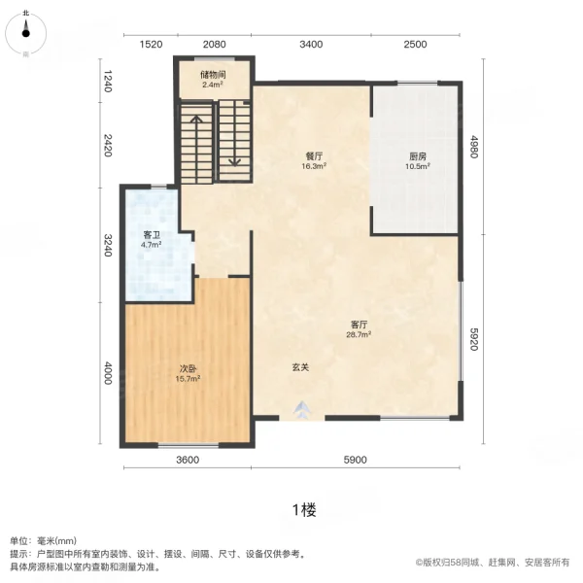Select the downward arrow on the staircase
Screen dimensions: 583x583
[233, 161]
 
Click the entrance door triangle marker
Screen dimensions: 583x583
[301, 409]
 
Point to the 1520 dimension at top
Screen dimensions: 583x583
[150, 45]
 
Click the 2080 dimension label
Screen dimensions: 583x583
[215, 45]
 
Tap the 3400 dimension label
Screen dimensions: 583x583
[311, 45]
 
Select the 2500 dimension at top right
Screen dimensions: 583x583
[415, 45]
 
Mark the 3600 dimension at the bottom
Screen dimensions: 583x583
[187, 460]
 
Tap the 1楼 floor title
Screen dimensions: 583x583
[303, 509]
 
